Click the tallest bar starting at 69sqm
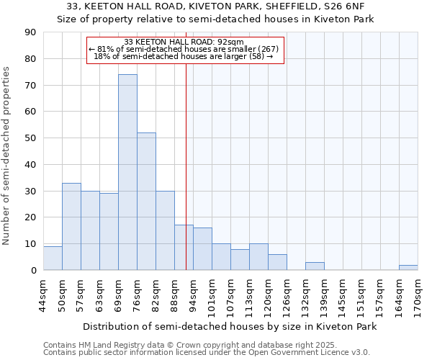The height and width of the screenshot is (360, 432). [x=127, y=172]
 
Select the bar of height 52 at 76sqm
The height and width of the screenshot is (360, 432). [x=146, y=202]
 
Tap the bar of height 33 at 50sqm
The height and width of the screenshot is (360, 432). [x=71, y=226]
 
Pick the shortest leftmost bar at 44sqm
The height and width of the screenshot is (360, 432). [x=53, y=258]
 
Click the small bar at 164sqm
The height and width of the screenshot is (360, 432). [x=408, y=267]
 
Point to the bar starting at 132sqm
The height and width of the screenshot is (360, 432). [x=315, y=266]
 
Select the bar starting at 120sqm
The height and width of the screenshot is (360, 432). [x=277, y=262]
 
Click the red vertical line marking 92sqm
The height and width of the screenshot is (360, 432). [x=186, y=180]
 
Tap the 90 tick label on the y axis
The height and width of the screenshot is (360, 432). [x=30, y=32]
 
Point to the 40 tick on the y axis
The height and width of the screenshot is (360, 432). [x=30, y=165]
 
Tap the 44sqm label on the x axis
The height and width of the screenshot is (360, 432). [x=43, y=295]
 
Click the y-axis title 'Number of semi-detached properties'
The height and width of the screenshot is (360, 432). [x=7, y=155]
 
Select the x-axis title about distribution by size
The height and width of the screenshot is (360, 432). [x=230, y=327]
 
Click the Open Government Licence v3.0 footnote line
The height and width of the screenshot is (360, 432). [x=207, y=353]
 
